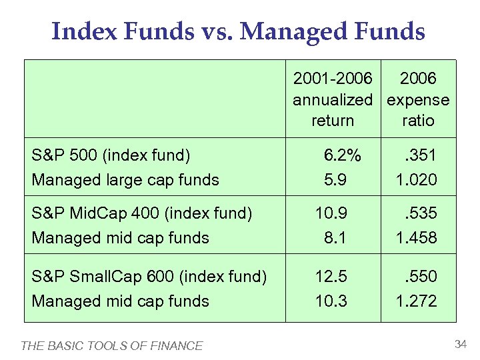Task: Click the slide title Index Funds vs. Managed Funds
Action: (238, 31)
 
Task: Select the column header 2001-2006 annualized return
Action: (333, 99)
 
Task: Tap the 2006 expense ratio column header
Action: (418, 99)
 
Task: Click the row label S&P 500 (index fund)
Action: (111, 156)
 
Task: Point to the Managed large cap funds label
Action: (125, 179)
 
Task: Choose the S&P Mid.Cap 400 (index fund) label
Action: (142, 213)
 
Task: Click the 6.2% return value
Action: (342, 156)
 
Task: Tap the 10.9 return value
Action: (331, 213)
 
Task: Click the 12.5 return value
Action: (331, 276)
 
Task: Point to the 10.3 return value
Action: (331, 301)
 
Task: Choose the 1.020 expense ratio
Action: (416, 179)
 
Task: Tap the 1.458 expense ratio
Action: (416, 237)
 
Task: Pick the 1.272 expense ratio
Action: (416, 301)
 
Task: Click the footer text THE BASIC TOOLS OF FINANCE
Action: (112, 345)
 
